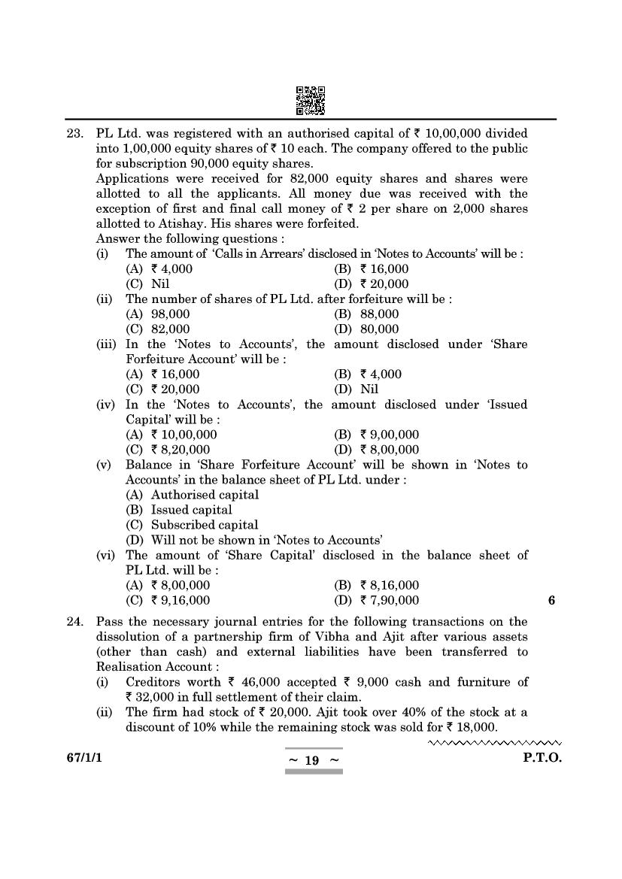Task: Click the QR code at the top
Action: (311, 101)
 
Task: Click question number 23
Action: (74, 134)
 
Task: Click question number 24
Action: (74, 622)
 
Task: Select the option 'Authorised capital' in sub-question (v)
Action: (205, 495)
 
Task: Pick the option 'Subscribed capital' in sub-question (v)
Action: (204, 525)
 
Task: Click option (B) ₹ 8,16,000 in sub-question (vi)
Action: (377, 585)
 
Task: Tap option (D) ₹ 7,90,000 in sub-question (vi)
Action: (377, 600)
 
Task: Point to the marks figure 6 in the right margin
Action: (551, 600)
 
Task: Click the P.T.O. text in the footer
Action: (542, 759)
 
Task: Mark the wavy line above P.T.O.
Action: (495, 743)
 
